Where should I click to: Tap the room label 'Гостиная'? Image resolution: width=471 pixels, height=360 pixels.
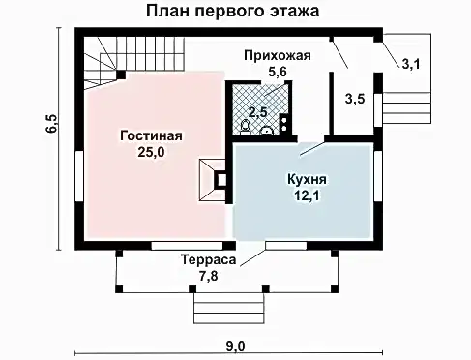click(x=151, y=135)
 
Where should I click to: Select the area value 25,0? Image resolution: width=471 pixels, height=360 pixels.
click(x=151, y=152)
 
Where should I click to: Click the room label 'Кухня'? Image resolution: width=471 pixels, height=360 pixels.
click(x=306, y=181)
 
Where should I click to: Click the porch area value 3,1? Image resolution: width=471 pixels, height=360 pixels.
click(x=411, y=64)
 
